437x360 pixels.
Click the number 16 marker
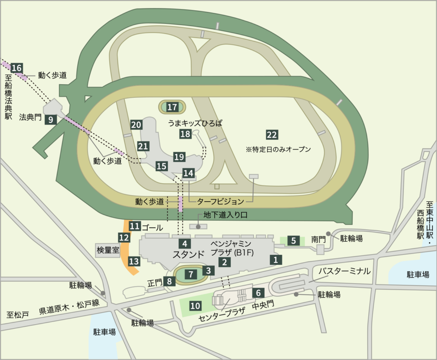[17, 68]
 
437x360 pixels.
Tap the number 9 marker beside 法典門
[51, 120]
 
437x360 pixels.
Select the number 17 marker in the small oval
[172, 107]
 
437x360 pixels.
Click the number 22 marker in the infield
[272, 135]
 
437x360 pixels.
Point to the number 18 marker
[185, 134]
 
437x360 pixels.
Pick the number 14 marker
[188, 173]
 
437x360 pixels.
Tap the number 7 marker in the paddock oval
[191, 274]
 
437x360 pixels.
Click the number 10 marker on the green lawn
[195, 306]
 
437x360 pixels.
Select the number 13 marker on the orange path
[134, 261]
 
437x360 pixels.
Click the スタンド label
[188, 255]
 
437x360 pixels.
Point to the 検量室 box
[108, 250]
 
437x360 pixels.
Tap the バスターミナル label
[343, 271]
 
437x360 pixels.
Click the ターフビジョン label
[220, 201]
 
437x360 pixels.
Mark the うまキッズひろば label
[196, 123]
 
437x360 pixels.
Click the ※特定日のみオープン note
[278, 150]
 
